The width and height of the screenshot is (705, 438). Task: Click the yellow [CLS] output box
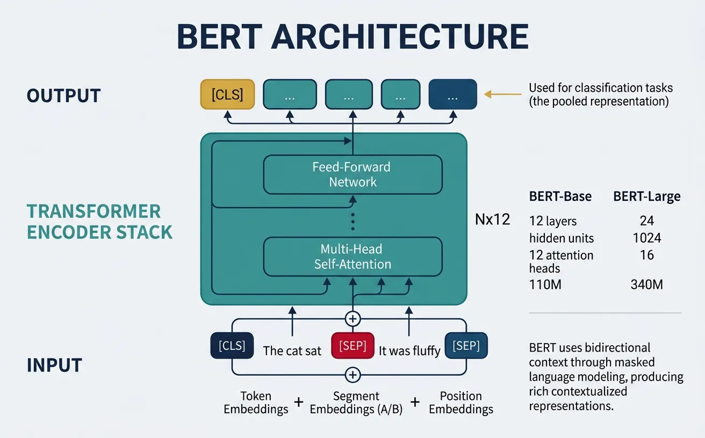pos(227,94)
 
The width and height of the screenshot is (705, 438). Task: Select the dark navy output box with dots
pos(452,94)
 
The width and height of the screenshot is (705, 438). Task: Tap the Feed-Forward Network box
pos(352,174)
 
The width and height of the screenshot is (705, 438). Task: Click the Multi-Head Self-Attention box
pos(352,257)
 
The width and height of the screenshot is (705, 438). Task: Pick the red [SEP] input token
pos(352,346)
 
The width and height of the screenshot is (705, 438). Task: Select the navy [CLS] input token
pos(232,346)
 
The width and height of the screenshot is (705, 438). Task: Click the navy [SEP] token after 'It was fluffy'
pos(466,346)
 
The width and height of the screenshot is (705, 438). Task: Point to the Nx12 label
pos(493,219)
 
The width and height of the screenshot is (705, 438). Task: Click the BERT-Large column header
pos(646,196)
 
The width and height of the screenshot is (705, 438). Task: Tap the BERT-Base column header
pos(560,196)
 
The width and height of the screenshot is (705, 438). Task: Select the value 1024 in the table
pos(646,238)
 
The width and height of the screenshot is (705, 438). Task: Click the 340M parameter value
pos(646,284)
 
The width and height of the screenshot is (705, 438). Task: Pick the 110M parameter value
pos(545,284)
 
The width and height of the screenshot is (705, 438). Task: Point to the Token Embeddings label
pos(256,403)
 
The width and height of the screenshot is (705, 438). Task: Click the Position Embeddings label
pos(461,403)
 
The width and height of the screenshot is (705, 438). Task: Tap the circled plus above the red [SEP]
pos(352,319)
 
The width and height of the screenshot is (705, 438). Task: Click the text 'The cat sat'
pos(292,351)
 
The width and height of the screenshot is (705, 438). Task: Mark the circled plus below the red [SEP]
pos(352,375)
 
